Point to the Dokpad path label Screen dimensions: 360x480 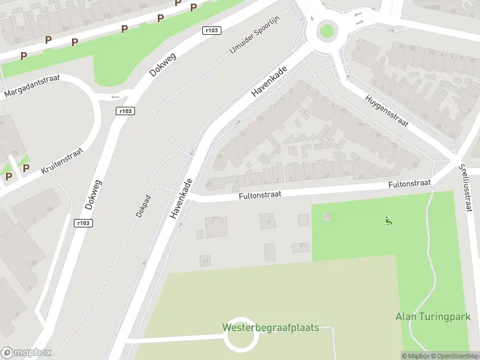(x=142, y=206)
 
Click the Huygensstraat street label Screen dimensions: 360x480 (x=386, y=112)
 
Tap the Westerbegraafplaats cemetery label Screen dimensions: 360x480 (x=270, y=328)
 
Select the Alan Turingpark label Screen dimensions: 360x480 (x=433, y=317)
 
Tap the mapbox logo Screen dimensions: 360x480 (x=26, y=353)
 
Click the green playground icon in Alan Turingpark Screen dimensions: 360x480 (x=389, y=221)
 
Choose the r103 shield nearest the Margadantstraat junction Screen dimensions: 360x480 (x=125, y=110)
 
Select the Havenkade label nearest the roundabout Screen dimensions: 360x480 (x=269, y=81)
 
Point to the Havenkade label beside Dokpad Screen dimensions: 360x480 (x=181, y=199)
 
